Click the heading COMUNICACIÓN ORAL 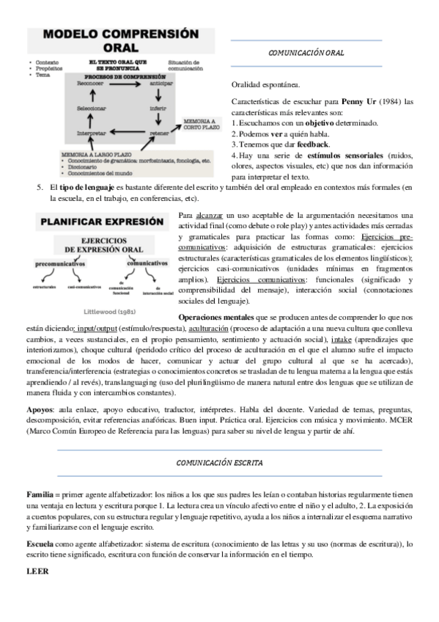(x=306, y=54)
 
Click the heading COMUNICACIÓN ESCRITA (x=219, y=463)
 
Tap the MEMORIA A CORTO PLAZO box (x=199, y=123)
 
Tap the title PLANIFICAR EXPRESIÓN (x=101, y=220)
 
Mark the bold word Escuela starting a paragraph (x=40, y=544)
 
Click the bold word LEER (x=36, y=570)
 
